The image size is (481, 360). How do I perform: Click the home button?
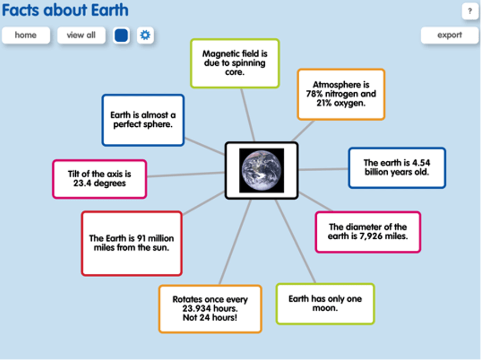point(26,35)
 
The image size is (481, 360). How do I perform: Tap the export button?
point(449,35)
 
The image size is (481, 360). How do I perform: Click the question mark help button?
point(469,12)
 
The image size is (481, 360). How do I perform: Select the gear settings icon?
point(145,35)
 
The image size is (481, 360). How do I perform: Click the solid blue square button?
point(121,35)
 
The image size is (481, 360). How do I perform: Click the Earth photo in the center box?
point(261,171)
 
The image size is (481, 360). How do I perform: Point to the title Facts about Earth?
point(65,10)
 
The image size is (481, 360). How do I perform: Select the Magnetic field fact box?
point(234,64)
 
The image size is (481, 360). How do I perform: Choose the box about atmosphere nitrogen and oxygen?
point(341,94)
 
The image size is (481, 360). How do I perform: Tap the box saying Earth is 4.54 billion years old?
point(397,168)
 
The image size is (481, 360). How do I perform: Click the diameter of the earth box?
point(368,232)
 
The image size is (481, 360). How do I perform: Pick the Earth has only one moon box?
point(325,303)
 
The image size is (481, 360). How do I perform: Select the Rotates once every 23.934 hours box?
point(210,309)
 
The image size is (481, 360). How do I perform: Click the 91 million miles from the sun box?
point(132,244)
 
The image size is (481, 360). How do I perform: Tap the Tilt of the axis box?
point(99,179)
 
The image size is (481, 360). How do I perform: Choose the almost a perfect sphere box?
point(143,120)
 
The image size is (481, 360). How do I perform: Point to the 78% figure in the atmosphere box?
point(314,94)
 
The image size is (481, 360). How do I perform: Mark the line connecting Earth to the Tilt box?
point(186,175)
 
